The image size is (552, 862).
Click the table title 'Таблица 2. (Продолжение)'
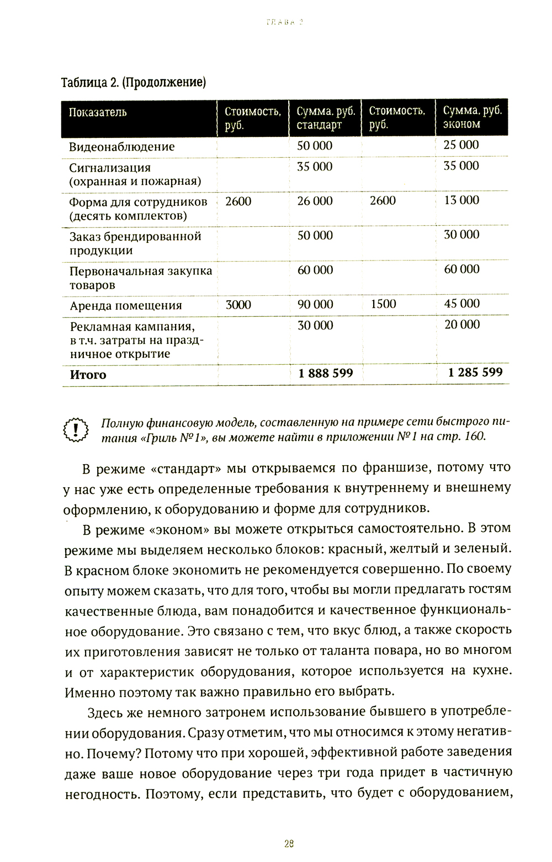(x=133, y=83)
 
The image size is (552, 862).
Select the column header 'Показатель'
(x=98, y=113)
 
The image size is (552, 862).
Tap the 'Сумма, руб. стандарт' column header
(x=325, y=118)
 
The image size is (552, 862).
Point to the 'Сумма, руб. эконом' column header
(x=472, y=117)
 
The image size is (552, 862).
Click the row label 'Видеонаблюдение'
(x=121, y=147)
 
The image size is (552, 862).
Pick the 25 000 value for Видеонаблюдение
(x=461, y=145)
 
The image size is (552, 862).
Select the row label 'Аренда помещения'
(x=125, y=306)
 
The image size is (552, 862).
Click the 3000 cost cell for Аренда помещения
(x=238, y=305)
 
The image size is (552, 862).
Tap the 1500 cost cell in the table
(x=383, y=304)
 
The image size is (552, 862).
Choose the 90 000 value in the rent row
(x=315, y=305)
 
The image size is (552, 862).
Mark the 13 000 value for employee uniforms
(x=461, y=200)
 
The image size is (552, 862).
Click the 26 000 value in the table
(x=315, y=201)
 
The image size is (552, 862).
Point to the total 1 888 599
(x=326, y=374)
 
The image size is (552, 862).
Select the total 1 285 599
(x=475, y=373)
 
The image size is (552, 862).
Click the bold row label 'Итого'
(x=88, y=375)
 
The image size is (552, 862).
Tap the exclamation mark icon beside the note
(x=76, y=429)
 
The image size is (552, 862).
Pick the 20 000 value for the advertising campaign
(x=462, y=325)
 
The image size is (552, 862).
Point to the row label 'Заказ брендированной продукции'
(x=135, y=243)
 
